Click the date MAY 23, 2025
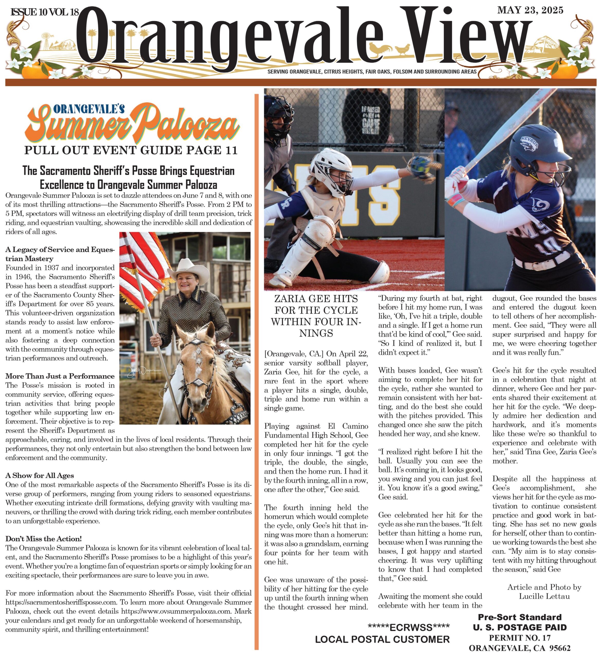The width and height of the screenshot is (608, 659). [530, 11]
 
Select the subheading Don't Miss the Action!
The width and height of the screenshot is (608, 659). [44, 539]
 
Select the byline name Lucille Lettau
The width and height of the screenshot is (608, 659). [544, 596]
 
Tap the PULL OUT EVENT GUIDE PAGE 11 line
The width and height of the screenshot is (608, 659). [131, 150]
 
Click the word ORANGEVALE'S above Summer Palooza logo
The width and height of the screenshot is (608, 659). [89, 109]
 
